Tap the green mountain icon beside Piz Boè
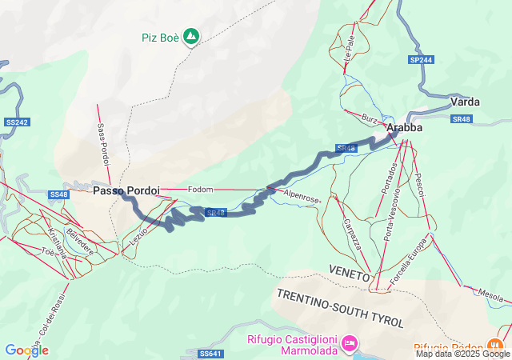191,37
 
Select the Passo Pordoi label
126,191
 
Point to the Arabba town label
403,127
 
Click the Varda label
465,102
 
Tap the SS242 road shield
16,122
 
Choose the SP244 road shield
420,60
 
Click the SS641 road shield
210,353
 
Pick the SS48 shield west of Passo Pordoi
59,194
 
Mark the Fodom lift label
200,190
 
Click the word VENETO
349,274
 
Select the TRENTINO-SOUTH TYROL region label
341,307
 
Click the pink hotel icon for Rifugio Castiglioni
349,344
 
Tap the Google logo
26,350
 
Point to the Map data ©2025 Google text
462,354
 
